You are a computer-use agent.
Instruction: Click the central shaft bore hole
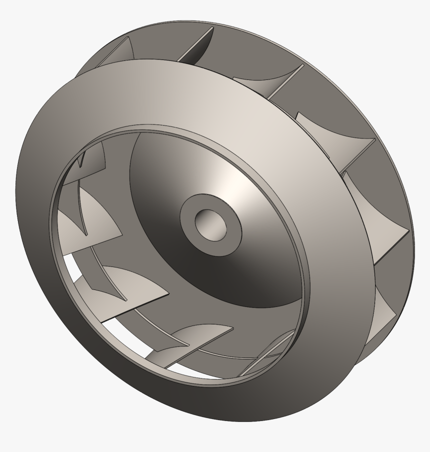[210, 223]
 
